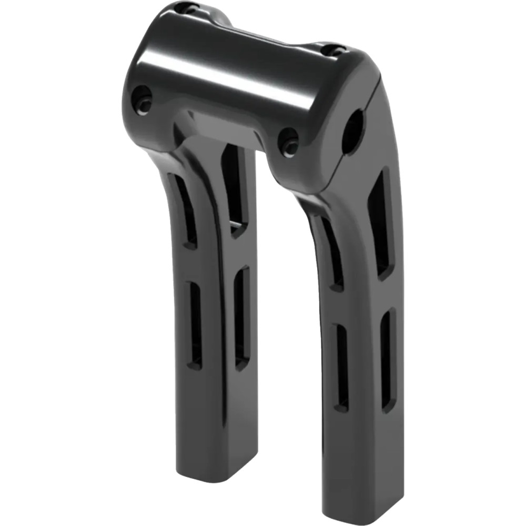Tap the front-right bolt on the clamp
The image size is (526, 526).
288,141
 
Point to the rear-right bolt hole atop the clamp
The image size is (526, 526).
333,50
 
